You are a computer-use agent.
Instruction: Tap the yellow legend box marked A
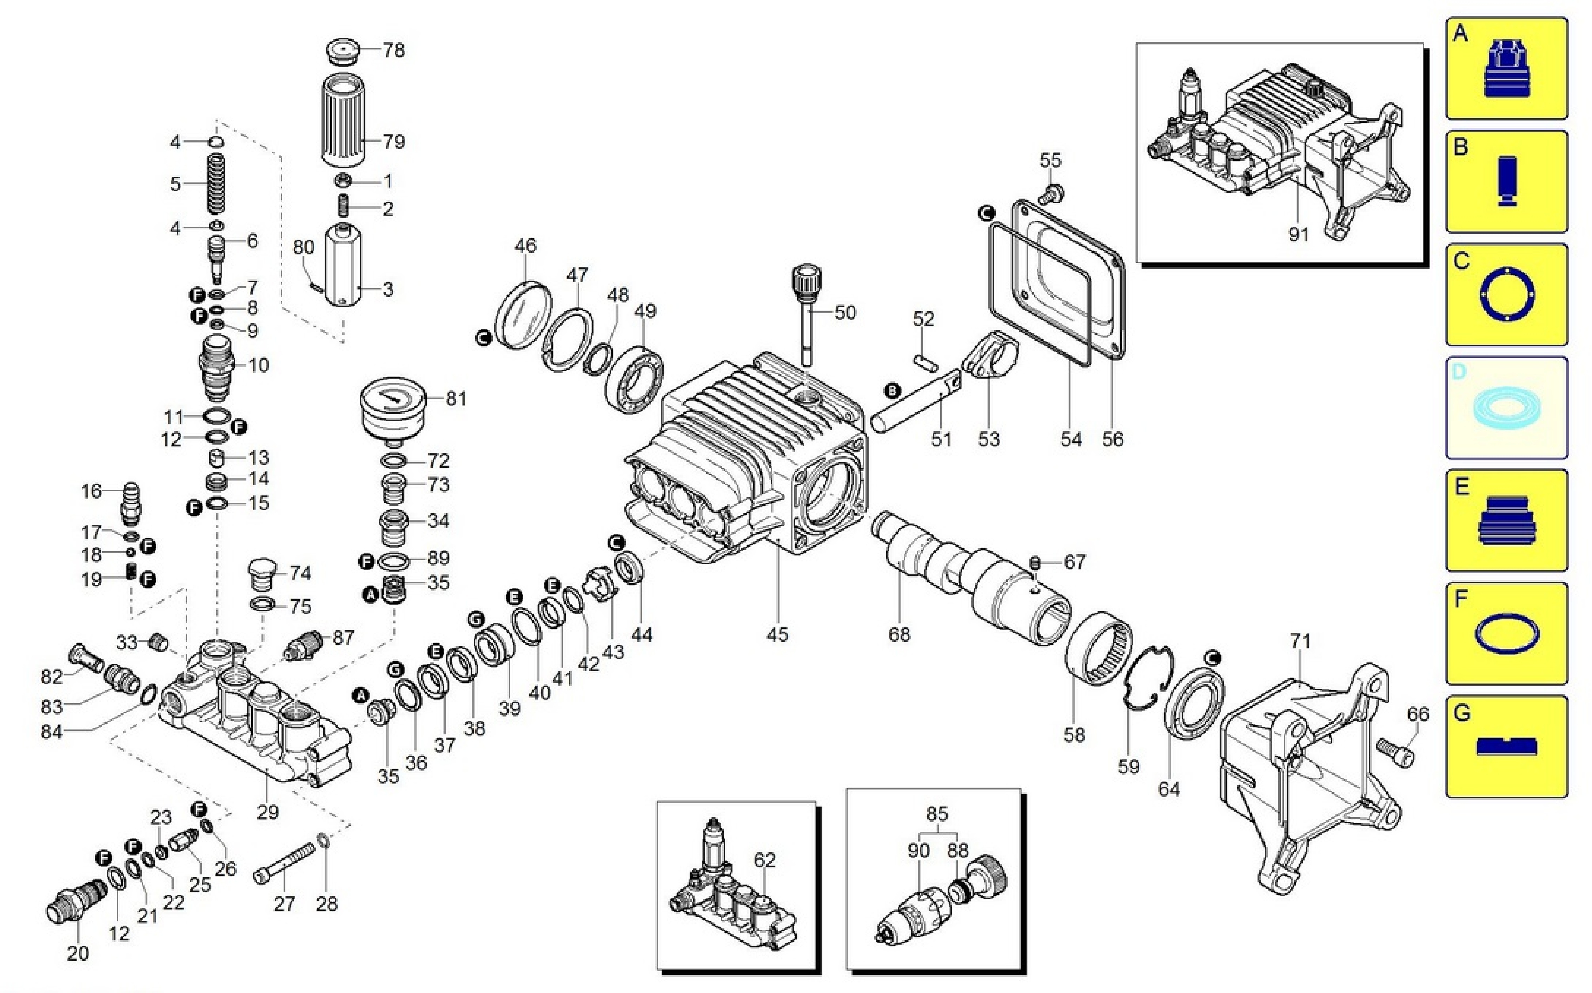(x=1506, y=68)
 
